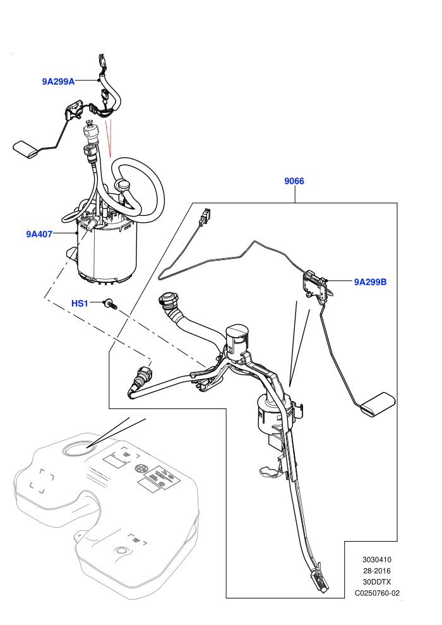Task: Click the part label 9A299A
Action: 58,81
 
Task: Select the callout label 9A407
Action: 39,234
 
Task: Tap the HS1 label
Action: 80,303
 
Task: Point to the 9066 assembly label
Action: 294,181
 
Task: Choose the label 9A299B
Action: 370,282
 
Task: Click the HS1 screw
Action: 110,305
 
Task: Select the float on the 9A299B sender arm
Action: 378,405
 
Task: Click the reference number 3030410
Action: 376,559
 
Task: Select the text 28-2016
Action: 376,571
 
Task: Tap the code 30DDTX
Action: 376,582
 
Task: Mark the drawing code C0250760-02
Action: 377,593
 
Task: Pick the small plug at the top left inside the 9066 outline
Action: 205,215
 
